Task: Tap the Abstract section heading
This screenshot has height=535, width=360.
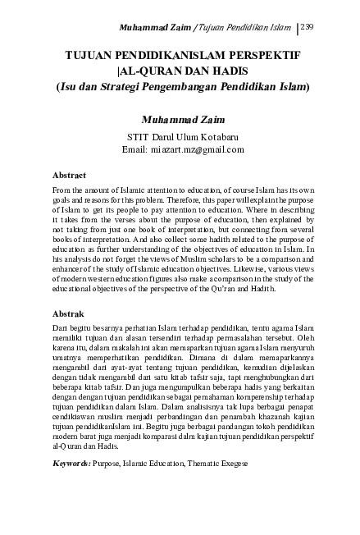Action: point(70,176)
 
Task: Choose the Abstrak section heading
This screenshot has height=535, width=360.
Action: point(69,313)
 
